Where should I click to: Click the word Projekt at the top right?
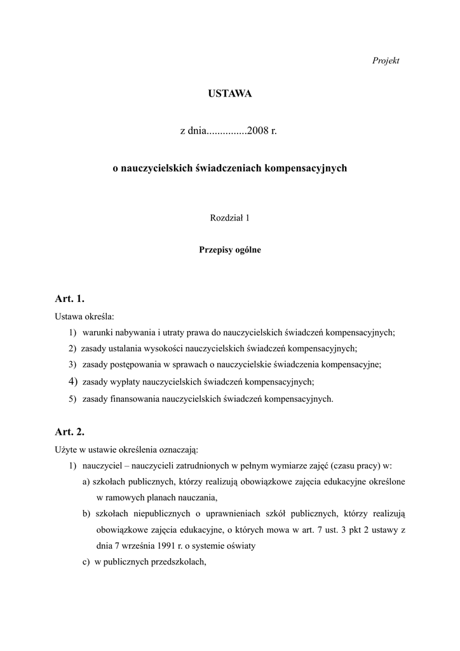coord(386,60)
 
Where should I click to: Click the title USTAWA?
coord(229,94)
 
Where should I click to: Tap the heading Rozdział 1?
coord(229,218)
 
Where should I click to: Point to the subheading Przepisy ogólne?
coord(229,250)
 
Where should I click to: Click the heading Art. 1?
coord(70,298)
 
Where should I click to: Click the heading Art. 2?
coord(70,432)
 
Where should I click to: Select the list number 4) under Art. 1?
coord(72,381)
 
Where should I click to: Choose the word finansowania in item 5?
coord(136,399)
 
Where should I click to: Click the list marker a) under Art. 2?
coord(86,481)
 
